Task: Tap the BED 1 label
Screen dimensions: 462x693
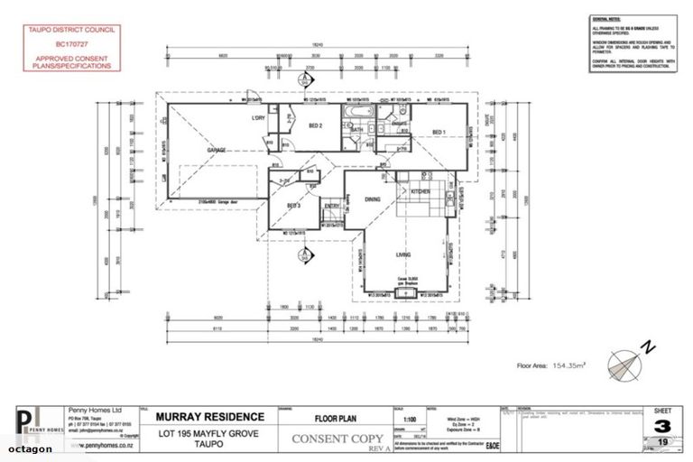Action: [x=439, y=133]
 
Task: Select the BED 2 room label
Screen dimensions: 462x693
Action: [x=316, y=125]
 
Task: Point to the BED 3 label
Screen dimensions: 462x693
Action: [x=293, y=207]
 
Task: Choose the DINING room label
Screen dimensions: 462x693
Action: [x=373, y=199]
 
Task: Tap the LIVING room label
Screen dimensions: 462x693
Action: [x=403, y=254]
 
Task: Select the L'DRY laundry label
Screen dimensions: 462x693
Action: [x=257, y=117]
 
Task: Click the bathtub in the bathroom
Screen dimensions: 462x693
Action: [x=354, y=111]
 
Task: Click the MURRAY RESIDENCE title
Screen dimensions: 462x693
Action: [x=210, y=417]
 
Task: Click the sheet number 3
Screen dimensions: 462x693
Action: [x=662, y=425]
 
